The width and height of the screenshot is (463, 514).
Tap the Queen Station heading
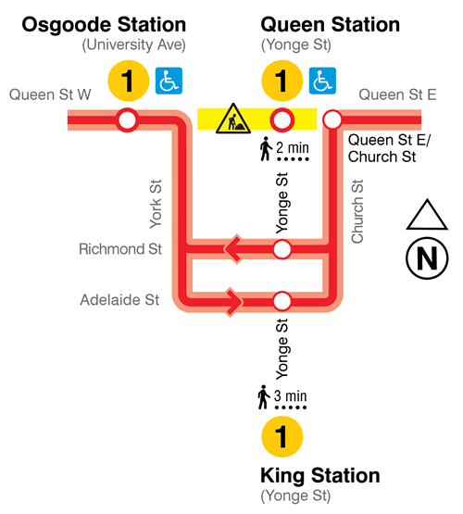pos(331,25)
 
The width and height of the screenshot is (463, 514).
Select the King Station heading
pos(320,476)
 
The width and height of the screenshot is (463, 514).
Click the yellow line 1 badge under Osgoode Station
pos(129,81)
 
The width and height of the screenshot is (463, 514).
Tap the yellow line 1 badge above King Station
pos(283,435)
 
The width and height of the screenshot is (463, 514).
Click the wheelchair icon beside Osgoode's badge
pos(168,81)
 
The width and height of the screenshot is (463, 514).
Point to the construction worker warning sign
pos(230,119)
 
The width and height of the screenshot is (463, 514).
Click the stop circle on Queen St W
pos(127,119)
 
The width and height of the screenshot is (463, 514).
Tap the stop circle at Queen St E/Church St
pos(332,119)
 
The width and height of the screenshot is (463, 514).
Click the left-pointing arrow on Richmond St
pos(232,248)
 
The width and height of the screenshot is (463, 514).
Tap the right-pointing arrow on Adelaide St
pos(234,301)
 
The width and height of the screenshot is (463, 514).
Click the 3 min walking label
pos(282,398)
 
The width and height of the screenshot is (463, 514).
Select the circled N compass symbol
pos(427,258)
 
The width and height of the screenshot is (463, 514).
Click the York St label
pos(156,204)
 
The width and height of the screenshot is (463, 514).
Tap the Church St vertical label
pos(357,211)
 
